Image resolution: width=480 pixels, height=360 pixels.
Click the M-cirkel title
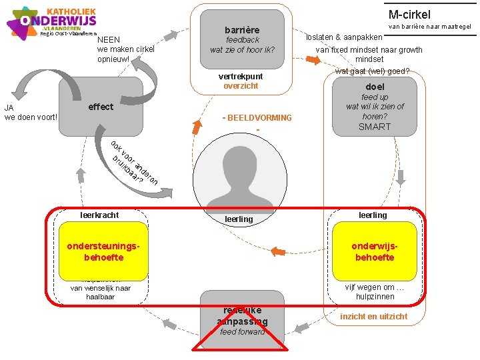tap(409, 14)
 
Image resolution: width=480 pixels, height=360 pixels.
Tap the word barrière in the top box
tap(242, 30)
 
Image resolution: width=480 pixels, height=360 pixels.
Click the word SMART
tap(375, 127)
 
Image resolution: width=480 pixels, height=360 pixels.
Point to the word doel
tap(375, 87)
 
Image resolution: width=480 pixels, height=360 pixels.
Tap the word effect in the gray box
tap(101, 107)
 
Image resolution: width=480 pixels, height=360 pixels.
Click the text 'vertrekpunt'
tap(241, 77)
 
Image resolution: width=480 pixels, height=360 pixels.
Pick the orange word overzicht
tap(241, 86)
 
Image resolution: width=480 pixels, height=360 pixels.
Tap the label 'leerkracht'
tap(99, 215)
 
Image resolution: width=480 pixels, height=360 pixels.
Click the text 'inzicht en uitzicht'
tap(373, 316)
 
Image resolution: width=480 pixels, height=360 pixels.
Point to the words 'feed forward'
tap(242, 332)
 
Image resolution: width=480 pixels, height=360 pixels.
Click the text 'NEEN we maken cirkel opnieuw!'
tap(125, 49)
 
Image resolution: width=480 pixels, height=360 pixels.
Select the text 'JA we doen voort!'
tap(31, 113)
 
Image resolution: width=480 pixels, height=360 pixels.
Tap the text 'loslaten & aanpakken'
tap(344, 37)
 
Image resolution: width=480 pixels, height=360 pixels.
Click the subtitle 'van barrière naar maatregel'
tap(429, 27)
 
